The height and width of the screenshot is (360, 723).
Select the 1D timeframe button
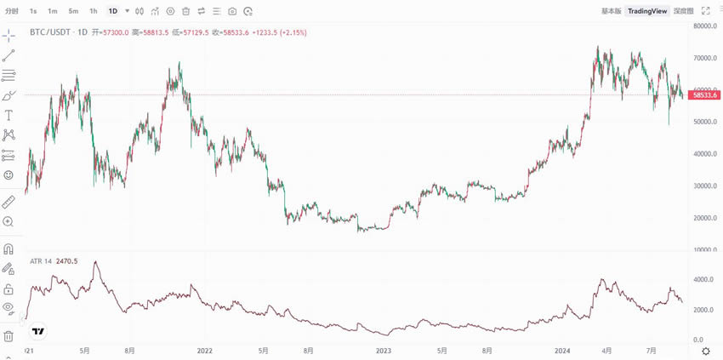point(113,11)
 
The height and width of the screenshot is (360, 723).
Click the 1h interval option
point(94,11)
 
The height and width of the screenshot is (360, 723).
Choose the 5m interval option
point(73,11)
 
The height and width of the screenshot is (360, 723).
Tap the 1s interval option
point(33,11)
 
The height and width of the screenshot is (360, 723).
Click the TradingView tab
point(647,11)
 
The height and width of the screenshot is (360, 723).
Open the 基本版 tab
point(611,11)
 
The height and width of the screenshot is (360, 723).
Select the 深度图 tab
point(683,11)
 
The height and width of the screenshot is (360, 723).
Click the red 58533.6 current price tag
point(705,95)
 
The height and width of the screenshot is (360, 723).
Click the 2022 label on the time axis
point(204,350)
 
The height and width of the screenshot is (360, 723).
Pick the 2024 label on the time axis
point(562,350)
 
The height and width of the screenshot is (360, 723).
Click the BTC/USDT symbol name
point(50,32)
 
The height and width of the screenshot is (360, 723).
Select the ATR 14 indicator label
point(41,261)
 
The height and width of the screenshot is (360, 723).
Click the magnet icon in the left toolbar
point(9,249)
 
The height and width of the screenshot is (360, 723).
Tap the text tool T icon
point(9,115)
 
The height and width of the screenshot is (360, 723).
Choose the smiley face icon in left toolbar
point(9,174)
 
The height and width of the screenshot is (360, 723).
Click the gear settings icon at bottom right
point(705,351)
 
